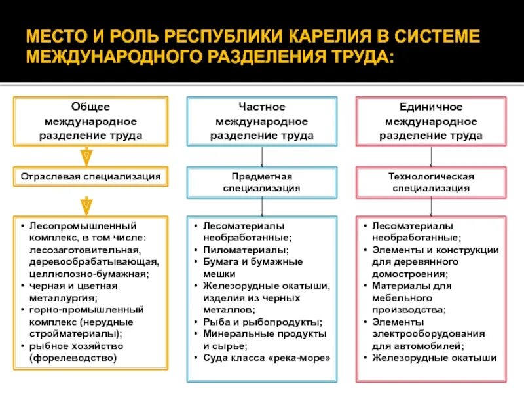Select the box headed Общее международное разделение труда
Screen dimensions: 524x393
coord(90,121)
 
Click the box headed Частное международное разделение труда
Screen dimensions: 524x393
coord(262,121)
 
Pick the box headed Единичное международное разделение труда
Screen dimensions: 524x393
coord(431,121)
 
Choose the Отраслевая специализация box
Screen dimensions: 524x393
coord(90,177)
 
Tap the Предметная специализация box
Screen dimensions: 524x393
coord(262,182)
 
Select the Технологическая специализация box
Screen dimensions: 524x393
coord(431,182)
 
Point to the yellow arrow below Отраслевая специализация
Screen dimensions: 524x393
coord(86,205)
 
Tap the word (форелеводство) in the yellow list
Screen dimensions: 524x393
coord(73,358)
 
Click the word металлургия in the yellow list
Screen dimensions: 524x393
coord(57,298)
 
